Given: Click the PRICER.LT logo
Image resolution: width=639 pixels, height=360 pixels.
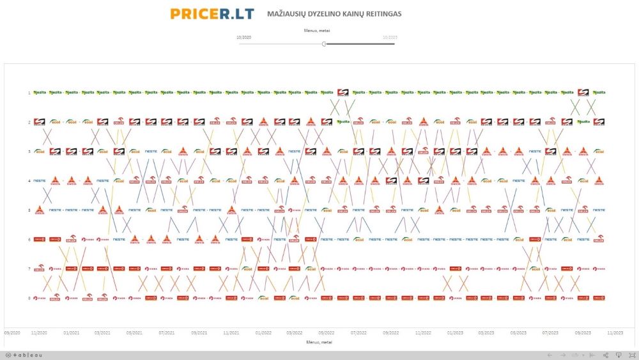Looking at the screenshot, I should tap(212, 13).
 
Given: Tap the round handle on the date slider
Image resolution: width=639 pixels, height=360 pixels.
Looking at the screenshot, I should tap(324, 44).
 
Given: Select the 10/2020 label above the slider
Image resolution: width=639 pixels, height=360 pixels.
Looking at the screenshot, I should tap(243, 38).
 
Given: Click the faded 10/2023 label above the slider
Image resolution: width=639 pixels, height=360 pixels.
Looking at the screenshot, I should tap(390, 38).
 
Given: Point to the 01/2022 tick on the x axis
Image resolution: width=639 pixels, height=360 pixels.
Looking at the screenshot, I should tap(263, 333).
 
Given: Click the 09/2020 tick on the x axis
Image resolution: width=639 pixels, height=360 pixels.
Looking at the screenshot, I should tap(12, 333).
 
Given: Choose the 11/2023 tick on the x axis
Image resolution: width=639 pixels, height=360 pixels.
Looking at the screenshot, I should tap(615, 333).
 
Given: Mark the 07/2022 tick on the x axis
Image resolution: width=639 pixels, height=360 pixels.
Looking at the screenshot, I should tap(359, 333).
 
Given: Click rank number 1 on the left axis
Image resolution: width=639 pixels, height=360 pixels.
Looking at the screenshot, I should tap(29, 93).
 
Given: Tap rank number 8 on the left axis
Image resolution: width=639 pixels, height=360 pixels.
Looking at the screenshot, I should tap(29, 298).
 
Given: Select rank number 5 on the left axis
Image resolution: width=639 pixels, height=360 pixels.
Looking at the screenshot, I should tap(29, 210).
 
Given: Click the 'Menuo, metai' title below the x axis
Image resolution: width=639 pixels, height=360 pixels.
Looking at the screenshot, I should tap(319, 342).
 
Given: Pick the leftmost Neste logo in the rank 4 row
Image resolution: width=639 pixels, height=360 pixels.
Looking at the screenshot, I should tap(39, 181).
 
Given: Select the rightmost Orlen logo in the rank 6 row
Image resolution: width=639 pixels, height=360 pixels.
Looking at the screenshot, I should tap(599, 240).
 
